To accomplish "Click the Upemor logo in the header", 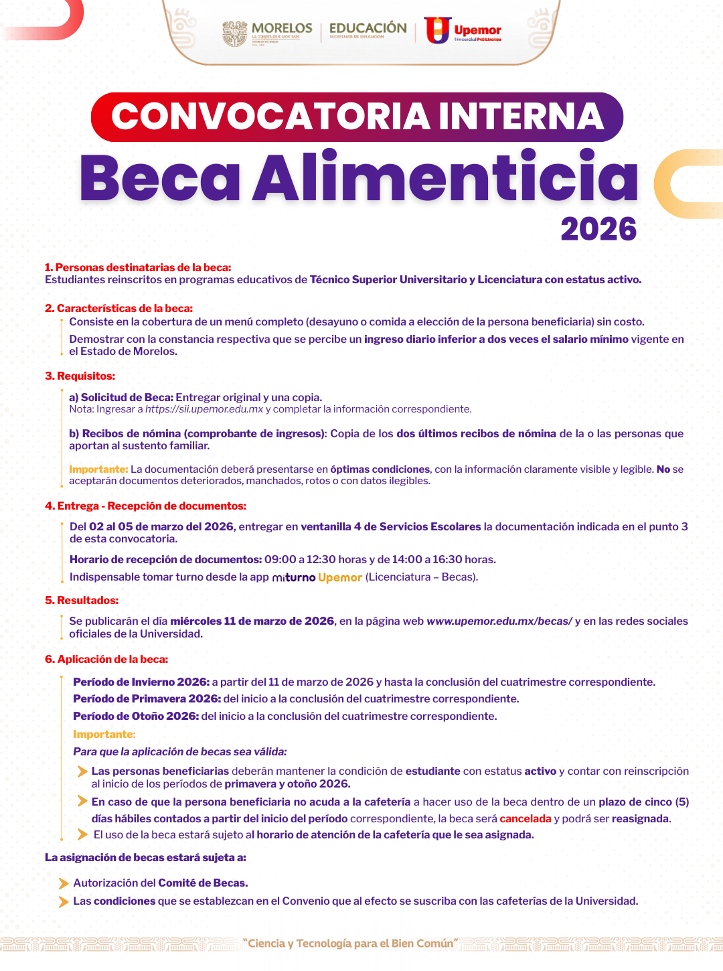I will coord(463,30).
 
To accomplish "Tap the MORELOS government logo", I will coord(268,32).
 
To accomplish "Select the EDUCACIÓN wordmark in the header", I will coord(368,29).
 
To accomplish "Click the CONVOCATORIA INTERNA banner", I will coord(357,117).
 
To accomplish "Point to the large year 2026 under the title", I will coord(598,230).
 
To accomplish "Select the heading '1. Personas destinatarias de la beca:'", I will coord(138,268).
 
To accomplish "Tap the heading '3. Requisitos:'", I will coord(80,376).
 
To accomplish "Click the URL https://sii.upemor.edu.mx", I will coord(204,409).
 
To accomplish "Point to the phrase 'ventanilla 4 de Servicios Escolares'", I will coord(391,527).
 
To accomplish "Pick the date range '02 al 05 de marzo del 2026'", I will coord(161,527).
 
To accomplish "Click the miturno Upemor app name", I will coord(317,577).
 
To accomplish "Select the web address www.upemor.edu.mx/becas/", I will coord(499,621).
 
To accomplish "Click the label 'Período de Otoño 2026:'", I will coord(136,717).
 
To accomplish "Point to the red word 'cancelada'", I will coord(526,819).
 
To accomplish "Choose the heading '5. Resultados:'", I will coord(82,601).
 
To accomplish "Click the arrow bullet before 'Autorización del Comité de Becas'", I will coord(64,883).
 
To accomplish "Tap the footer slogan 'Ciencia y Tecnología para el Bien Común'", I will coord(350,944).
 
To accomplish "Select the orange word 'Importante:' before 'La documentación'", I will coord(98,469).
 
